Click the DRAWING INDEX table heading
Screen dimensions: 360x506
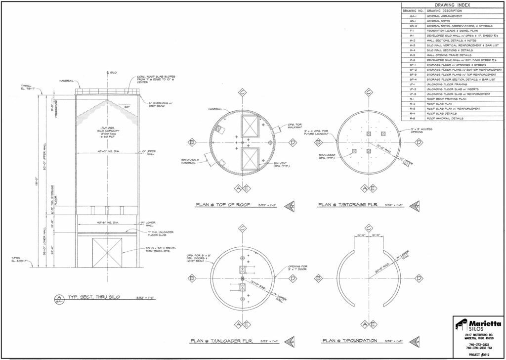coord(453,5)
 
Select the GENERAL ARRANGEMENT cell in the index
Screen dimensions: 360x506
coord(444,16)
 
